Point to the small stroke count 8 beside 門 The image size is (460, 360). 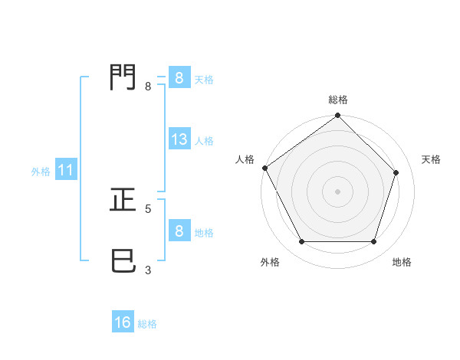pos(147,87)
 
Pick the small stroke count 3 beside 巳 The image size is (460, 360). pos(147,270)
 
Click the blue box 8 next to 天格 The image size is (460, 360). pos(179,78)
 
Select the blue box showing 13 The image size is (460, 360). pos(179,140)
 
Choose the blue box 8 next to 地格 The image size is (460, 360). pos(179,232)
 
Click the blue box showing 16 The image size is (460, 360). pos(123,323)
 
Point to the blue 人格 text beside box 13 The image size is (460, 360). pos(204,141)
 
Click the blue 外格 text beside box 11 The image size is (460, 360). pos(41,172)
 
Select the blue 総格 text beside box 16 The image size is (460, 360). pos(147,324)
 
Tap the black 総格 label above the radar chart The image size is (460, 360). pos(338,100)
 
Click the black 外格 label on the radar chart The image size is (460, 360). pos(270,262)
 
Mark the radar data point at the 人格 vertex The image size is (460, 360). pos(264,168)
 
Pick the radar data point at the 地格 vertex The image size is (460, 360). pos(374,242)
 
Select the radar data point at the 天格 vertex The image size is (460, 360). pos(397,172)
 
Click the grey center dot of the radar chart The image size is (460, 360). pos(338,191)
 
